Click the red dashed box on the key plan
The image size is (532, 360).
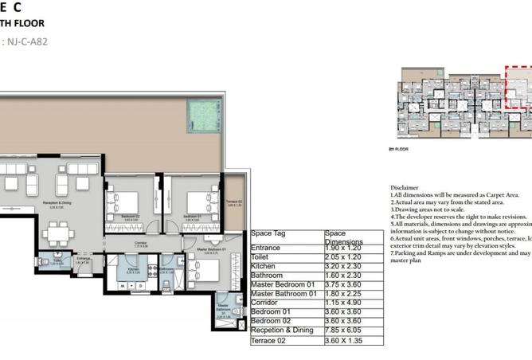click(x=520, y=88)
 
